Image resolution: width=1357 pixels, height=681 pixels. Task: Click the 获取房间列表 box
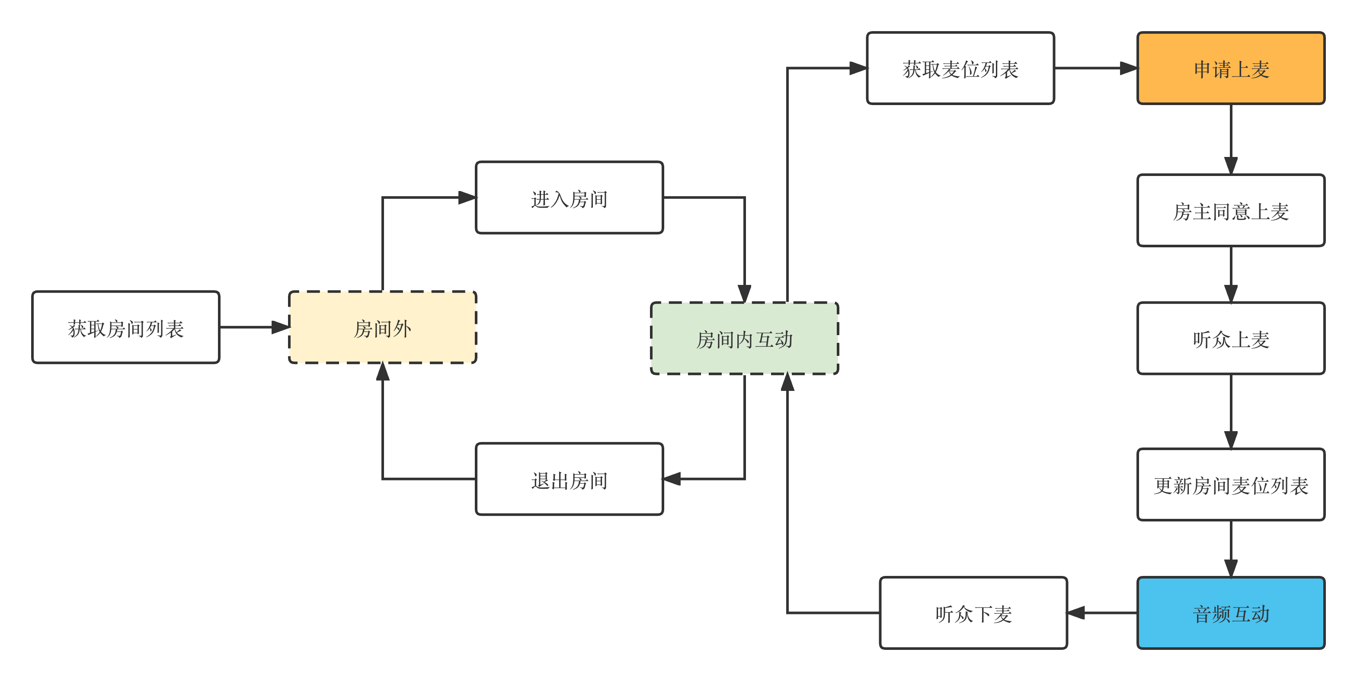click(125, 328)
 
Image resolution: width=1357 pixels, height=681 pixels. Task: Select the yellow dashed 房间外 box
click(382, 328)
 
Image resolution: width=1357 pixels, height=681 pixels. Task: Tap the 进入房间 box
click(569, 198)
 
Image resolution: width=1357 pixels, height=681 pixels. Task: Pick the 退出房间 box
click(569, 479)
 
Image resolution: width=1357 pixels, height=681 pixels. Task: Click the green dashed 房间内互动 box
click(744, 338)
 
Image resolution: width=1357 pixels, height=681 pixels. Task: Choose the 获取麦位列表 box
click(960, 68)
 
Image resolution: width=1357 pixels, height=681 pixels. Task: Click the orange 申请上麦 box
click(1231, 68)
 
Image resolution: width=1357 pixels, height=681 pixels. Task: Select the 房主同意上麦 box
click(1231, 211)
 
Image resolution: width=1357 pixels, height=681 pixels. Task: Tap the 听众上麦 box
click(1231, 338)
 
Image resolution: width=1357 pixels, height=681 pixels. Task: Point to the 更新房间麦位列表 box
click(1231, 485)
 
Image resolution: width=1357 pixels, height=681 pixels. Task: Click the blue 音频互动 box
click(1231, 613)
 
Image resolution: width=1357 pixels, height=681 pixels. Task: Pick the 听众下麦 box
click(973, 613)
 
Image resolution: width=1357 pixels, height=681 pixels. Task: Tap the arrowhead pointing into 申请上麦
click(1130, 68)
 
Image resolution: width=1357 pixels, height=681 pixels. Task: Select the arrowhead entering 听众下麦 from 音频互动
click(1075, 613)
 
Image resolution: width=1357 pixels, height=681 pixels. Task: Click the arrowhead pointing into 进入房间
click(468, 198)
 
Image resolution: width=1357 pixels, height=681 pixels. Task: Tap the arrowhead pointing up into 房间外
click(383, 372)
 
